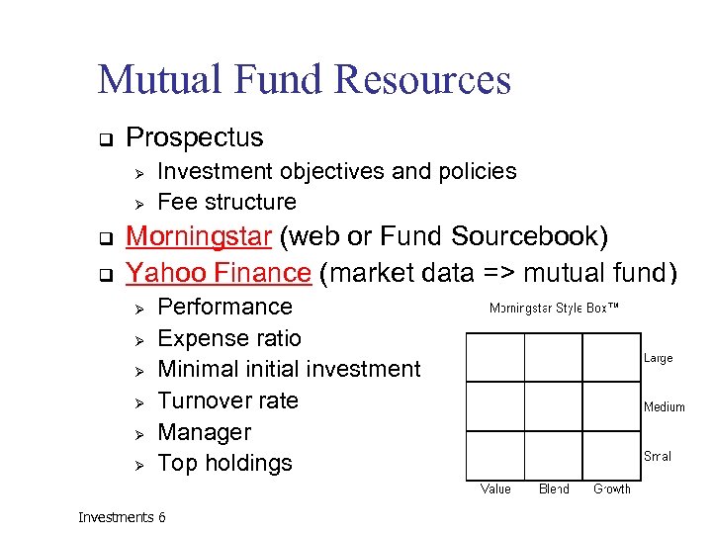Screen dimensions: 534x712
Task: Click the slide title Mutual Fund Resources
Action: point(304,79)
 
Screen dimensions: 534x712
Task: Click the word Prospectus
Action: point(195,137)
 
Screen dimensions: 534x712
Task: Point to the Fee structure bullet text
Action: point(226,202)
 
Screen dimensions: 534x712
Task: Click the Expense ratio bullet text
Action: point(228,338)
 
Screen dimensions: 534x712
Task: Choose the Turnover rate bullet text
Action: point(227,400)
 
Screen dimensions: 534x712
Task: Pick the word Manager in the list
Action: point(205,432)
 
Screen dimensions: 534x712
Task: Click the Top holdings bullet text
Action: point(224,463)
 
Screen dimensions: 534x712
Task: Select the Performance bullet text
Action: point(224,307)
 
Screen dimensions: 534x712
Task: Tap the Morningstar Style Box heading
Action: point(554,310)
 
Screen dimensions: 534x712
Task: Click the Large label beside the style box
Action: point(658,358)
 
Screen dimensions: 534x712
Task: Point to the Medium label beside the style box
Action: point(664,406)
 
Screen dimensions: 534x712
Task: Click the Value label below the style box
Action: point(495,489)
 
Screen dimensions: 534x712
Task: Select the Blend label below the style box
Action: point(554,489)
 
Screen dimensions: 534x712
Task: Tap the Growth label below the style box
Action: point(611,489)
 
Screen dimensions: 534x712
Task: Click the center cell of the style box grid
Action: point(553,406)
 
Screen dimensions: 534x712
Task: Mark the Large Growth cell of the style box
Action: point(611,357)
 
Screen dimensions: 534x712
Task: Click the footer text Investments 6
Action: point(122,517)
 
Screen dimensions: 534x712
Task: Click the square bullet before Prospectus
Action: point(103,138)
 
